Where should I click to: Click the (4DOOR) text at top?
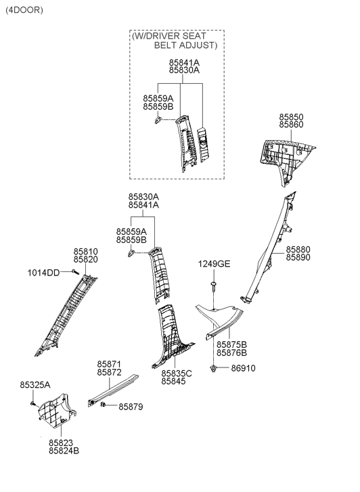click(24, 10)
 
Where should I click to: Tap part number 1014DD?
click(43, 273)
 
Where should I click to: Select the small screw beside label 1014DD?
click(74, 272)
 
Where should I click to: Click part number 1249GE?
click(214, 264)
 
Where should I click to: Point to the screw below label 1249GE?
click(214, 286)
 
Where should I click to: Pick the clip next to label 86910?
click(214, 368)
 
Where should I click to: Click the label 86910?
click(243, 368)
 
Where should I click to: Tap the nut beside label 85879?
click(103, 405)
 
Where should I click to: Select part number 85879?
click(131, 407)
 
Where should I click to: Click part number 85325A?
click(35, 384)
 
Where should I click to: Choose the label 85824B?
click(64, 451)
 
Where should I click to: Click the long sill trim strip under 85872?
click(113, 390)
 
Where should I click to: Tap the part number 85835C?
click(177, 374)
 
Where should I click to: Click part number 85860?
click(291, 125)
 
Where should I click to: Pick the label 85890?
click(298, 257)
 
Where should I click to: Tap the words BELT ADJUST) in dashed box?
click(186, 45)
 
